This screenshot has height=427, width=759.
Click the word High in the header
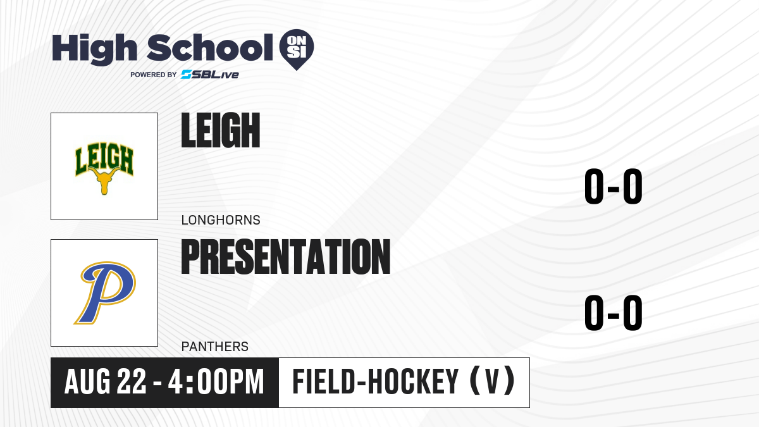(94, 49)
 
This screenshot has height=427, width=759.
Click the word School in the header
(210, 48)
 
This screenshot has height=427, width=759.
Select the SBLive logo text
(210, 75)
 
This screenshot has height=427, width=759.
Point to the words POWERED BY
(154, 75)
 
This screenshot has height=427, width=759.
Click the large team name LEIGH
(221, 130)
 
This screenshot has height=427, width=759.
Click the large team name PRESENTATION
(286, 257)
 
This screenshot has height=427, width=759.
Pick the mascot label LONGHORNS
(221, 220)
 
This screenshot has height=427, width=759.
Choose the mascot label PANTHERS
(215, 347)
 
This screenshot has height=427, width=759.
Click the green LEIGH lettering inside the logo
(104, 159)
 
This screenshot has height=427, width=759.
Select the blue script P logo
(105, 293)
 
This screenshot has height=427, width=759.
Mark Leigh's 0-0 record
(614, 187)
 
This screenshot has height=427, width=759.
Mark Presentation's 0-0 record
(614, 313)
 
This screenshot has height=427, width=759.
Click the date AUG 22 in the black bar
(106, 382)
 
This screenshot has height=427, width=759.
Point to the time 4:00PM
(216, 382)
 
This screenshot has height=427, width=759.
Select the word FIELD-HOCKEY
(376, 382)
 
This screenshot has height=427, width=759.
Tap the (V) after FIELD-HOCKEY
(493, 381)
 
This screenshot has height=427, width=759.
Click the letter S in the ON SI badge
(292, 53)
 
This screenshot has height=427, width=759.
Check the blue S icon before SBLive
(187, 75)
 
